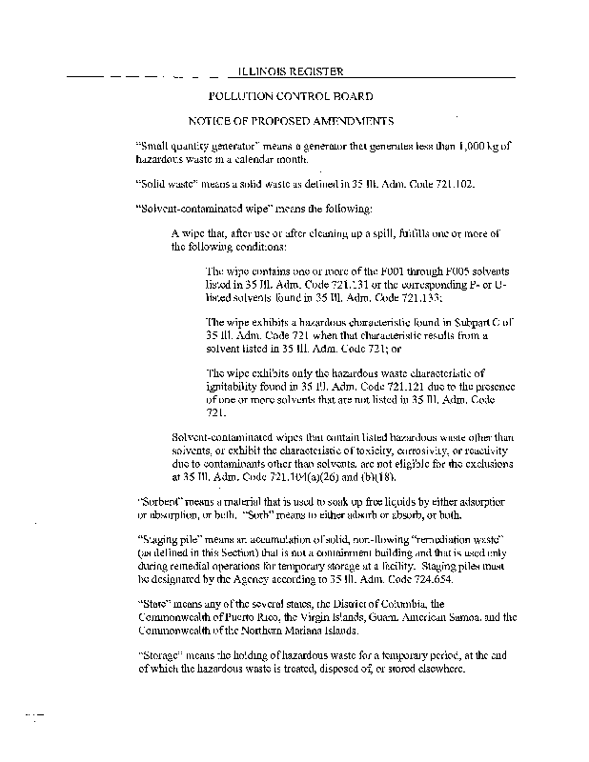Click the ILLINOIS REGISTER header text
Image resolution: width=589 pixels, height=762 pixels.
pos(290,71)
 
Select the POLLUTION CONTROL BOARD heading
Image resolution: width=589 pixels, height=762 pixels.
pos(290,96)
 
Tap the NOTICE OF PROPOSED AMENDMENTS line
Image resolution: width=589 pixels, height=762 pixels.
pos(290,122)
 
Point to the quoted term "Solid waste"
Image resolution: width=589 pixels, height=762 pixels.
pos(165,182)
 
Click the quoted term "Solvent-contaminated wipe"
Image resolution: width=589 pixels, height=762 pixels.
pos(194,208)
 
